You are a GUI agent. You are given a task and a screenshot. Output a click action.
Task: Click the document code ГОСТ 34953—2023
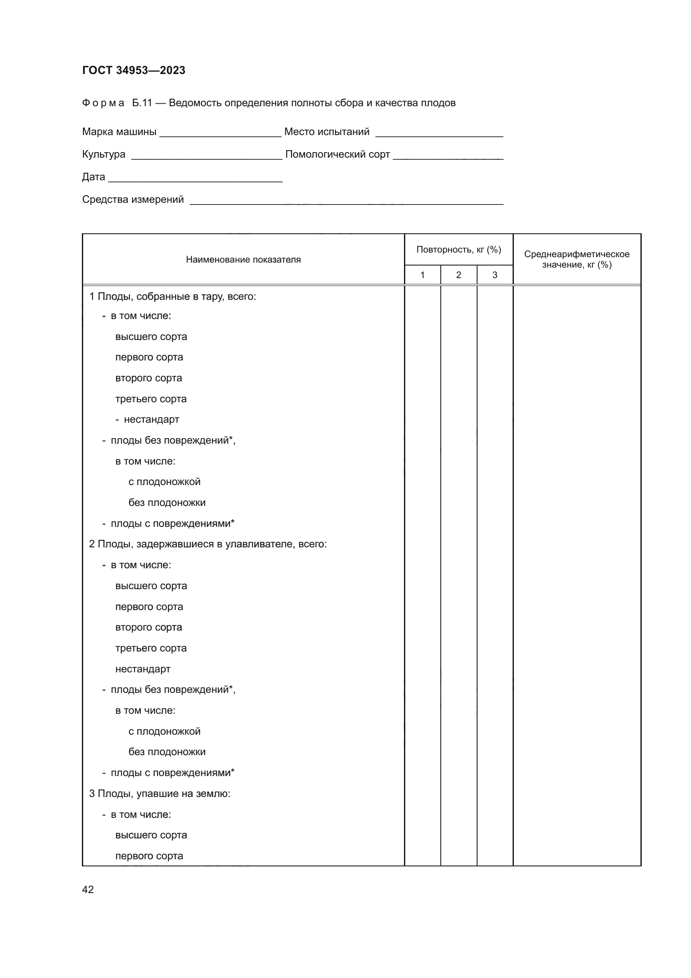pyautogui.click(x=134, y=70)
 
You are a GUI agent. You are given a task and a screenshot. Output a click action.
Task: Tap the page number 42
pyautogui.click(x=88, y=889)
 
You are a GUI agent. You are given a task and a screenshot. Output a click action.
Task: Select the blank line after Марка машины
pyautogui.click(x=220, y=133)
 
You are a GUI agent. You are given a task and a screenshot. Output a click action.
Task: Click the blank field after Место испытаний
pyautogui.click(x=439, y=133)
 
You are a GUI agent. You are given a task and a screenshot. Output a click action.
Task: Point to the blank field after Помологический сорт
pyautogui.click(x=448, y=156)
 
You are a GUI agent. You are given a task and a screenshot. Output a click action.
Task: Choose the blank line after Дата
pyautogui.click(x=195, y=178)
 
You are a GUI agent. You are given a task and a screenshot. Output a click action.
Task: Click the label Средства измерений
pyautogui.click(x=133, y=199)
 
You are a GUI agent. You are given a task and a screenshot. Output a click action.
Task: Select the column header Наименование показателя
pyautogui.click(x=243, y=260)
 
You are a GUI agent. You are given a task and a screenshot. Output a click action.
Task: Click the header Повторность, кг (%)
pyautogui.click(x=459, y=250)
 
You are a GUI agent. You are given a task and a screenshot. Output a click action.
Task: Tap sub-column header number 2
pyautogui.click(x=459, y=275)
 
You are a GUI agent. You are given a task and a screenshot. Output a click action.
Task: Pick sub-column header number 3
pyautogui.click(x=495, y=275)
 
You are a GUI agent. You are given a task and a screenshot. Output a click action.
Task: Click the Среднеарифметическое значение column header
pyautogui.click(x=577, y=259)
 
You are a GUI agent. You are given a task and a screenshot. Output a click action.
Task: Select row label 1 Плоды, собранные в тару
pyautogui.click(x=172, y=296)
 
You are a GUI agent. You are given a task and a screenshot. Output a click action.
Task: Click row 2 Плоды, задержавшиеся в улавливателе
pyautogui.click(x=208, y=544)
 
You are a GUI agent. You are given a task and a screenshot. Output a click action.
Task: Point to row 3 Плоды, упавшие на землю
pyautogui.click(x=160, y=794)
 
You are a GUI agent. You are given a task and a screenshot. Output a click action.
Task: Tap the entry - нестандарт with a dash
pyautogui.click(x=147, y=419)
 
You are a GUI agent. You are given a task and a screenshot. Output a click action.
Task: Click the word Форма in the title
pyautogui.click(x=103, y=103)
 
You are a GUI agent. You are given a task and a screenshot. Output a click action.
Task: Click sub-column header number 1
pyautogui.click(x=422, y=275)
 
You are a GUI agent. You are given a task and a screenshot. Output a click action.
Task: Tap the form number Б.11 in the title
pyautogui.click(x=142, y=103)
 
